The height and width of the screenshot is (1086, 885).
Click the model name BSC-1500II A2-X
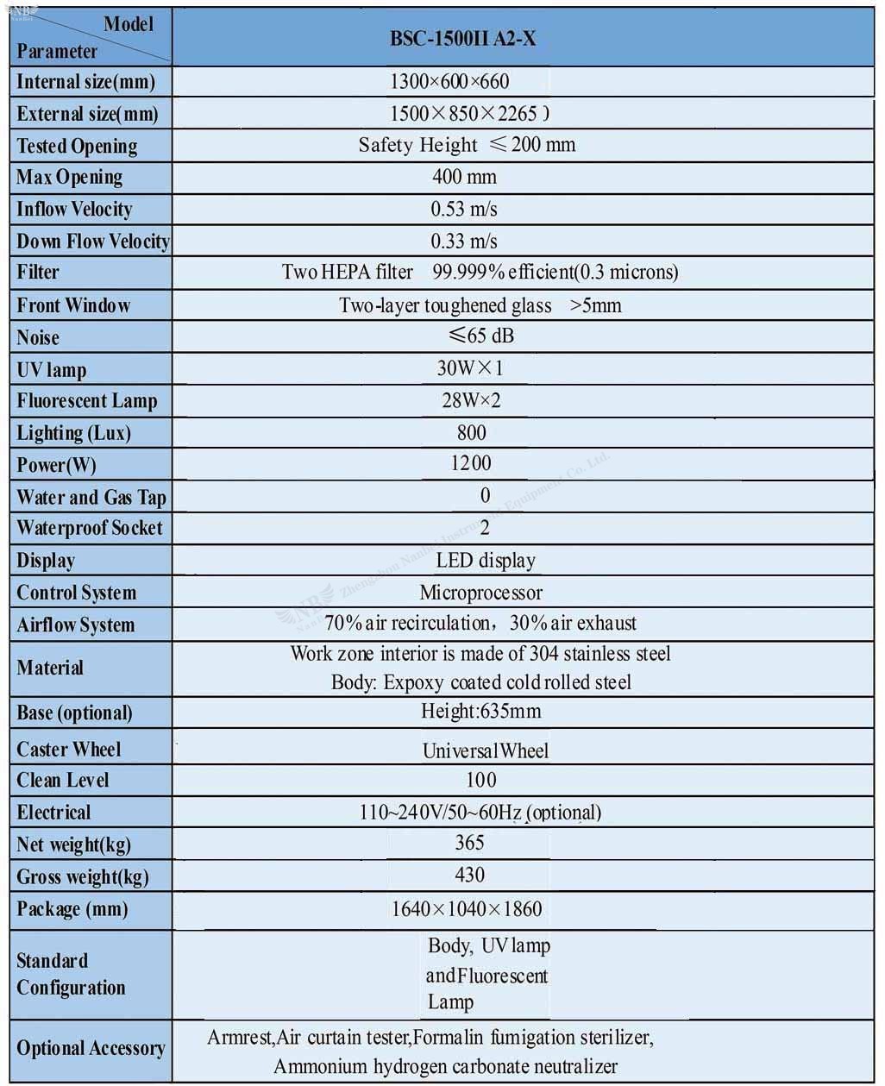pos(462,38)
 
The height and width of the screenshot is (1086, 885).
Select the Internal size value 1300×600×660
pos(449,82)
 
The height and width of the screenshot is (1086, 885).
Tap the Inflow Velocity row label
pos(74,210)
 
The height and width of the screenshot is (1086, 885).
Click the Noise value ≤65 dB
pos(480,336)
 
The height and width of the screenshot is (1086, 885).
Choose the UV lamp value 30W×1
pos(469,368)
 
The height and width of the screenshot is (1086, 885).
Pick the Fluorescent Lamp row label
pos(87,401)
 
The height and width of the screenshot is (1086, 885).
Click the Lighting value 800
pos(472,433)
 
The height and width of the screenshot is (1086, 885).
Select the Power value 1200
pos(471,464)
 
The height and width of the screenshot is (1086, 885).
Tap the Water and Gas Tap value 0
pos(485,495)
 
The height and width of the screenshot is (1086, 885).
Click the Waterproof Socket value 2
pos(485,528)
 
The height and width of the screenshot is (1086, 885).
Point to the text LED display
pos(486,561)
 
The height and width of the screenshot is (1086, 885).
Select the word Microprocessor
pos(481,593)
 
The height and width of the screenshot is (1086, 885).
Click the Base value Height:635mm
pos(481,712)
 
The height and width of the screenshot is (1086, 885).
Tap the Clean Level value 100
pos(481,781)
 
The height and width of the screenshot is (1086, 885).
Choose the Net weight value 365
pos(470,843)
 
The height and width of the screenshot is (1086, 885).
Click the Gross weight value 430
pos(470,876)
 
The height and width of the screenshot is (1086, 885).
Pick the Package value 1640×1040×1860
pos(467,908)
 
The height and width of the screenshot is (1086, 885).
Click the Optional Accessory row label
pos(91,1049)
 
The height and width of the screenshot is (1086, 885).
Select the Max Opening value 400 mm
pos(464,178)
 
